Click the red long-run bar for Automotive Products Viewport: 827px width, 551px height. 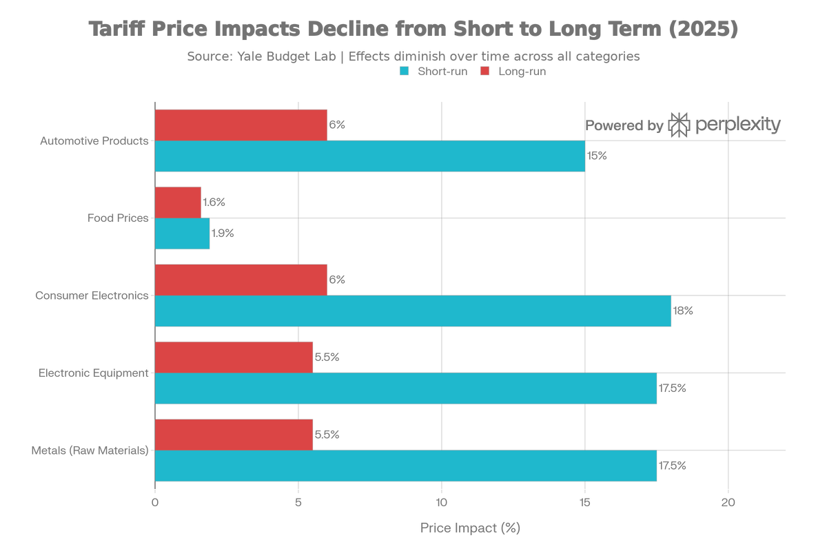(x=241, y=125)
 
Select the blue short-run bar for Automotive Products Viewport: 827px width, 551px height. (x=370, y=156)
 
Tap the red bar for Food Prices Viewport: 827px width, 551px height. (x=178, y=202)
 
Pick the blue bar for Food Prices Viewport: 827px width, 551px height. (x=183, y=233)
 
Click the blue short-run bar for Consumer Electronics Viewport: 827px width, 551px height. (x=413, y=311)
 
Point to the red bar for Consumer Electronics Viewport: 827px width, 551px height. (x=241, y=280)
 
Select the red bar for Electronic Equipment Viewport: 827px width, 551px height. (x=234, y=357)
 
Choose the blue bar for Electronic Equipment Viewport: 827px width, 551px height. (x=407, y=389)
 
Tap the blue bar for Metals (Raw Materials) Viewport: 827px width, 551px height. (x=407, y=466)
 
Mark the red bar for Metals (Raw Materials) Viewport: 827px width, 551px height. (x=234, y=434)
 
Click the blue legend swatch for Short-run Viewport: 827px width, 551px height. (x=405, y=72)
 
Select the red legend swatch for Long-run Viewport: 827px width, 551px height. (x=484, y=72)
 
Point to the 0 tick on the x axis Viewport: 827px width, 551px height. (x=155, y=503)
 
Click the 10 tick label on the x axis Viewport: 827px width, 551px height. (x=441, y=503)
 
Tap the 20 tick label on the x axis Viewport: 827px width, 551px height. (x=728, y=503)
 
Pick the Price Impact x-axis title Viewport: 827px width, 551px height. (x=470, y=528)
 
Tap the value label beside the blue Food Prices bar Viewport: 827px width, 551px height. (x=223, y=234)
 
